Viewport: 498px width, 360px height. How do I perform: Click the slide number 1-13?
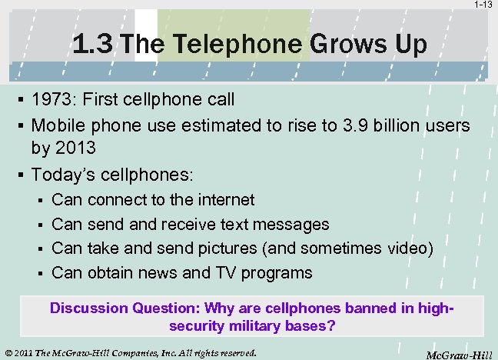click(x=483, y=5)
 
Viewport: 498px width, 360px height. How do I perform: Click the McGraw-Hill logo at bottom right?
click(x=459, y=354)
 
